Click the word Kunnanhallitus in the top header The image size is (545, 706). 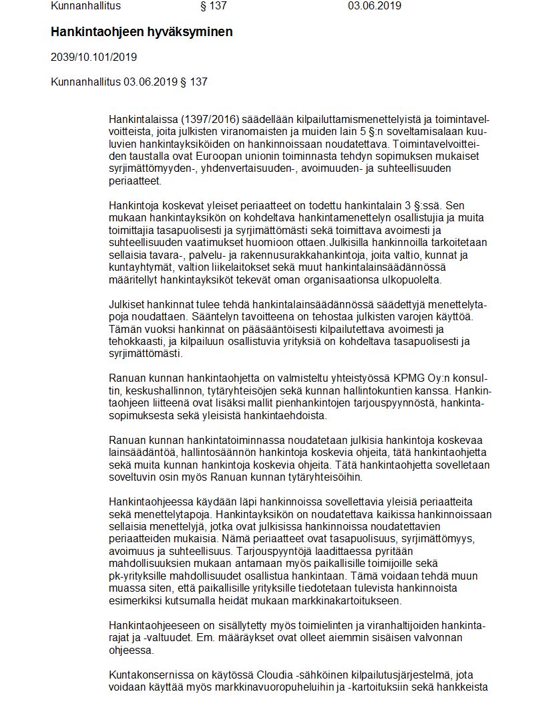point(85,6)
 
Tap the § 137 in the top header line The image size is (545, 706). point(214,6)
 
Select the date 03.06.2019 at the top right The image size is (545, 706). point(374,6)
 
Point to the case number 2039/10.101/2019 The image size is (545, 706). point(94,57)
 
